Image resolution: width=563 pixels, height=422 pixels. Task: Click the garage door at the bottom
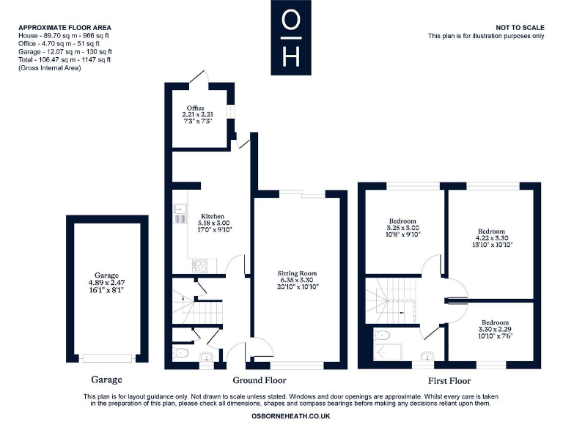106,358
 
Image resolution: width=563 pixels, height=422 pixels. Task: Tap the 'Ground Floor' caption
259,380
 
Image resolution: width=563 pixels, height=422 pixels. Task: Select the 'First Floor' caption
449,381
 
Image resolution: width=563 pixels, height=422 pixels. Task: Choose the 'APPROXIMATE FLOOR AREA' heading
65,27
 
